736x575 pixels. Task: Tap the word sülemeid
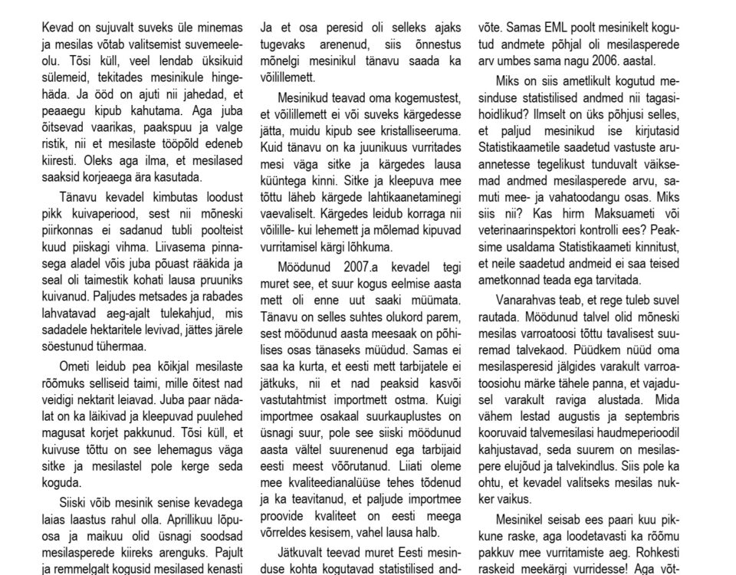coord(67,77)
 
